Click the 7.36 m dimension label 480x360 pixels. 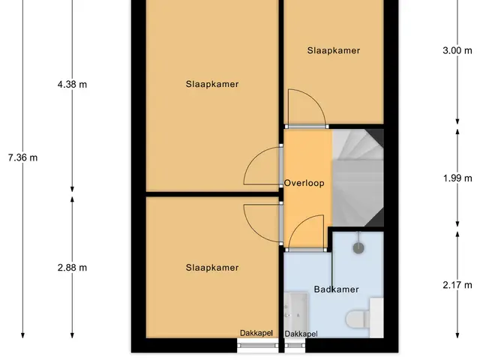tap(23, 158)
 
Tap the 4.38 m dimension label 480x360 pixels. tap(72, 84)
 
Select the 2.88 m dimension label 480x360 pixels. tap(72, 268)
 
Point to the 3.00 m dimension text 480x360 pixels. tap(457, 50)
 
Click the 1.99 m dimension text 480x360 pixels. tap(457, 178)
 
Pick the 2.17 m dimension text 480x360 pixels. tap(457, 285)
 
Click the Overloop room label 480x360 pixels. tap(304, 183)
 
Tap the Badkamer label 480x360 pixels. tap(336, 289)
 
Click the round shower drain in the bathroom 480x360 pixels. tap(358, 248)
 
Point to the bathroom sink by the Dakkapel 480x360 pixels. tap(295, 312)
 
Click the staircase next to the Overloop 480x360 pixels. tap(358, 178)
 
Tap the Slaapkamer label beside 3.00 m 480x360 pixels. tap(334, 50)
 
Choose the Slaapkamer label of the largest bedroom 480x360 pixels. tap(212, 84)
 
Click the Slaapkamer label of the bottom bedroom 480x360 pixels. tap(212, 268)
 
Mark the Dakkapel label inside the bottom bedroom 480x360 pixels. tap(256, 333)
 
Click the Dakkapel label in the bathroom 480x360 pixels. tap(301, 334)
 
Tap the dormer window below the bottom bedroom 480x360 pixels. tap(258, 346)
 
